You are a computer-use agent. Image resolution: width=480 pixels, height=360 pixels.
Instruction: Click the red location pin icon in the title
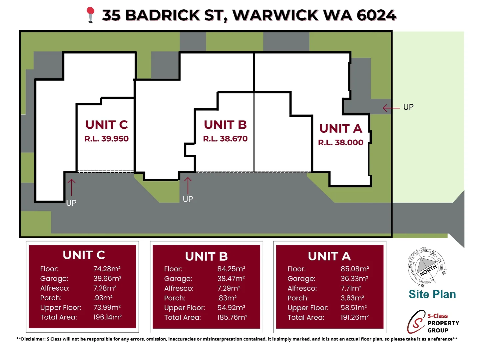[x=90, y=15]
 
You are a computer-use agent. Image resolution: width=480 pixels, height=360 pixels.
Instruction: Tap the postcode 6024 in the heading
[x=376, y=15]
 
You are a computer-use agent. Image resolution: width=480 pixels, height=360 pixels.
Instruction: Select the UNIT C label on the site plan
[x=107, y=125]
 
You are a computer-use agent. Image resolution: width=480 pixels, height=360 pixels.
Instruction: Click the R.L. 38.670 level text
[x=225, y=139]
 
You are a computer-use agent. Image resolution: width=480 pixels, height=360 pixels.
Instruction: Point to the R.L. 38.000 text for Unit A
[x=340, y=142]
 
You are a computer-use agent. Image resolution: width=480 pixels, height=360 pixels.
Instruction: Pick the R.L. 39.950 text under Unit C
[x=107, y=139]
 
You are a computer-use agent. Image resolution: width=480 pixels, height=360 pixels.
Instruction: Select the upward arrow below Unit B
[x=188, y=185]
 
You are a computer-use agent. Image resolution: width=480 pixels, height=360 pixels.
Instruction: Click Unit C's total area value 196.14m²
[x=107, y=317]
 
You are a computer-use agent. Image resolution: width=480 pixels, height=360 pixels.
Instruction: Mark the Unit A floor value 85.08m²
[x=355, y=269]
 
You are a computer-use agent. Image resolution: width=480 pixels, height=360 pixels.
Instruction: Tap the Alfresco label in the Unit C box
[x=55, y=288]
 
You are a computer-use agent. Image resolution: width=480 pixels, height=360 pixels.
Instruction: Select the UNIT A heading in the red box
[x=329, y=256]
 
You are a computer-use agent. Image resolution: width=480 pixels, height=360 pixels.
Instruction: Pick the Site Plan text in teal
[x=432, y=294]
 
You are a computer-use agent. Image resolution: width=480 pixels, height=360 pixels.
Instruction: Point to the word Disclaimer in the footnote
[x=33, y=339]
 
